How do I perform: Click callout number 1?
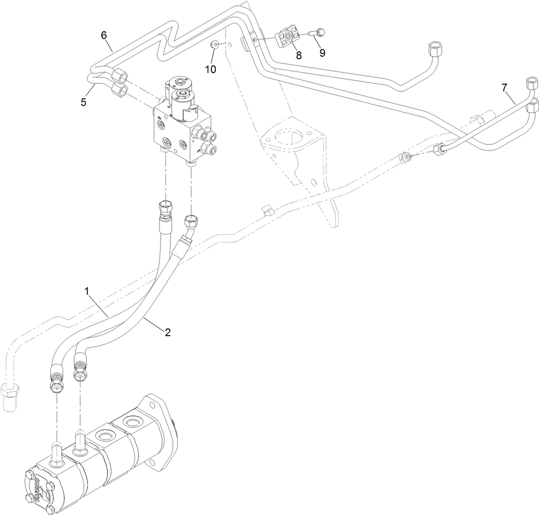point(87,291)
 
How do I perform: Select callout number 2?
point(167,332)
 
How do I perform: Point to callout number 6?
point(103,35)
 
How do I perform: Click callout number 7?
point(504,87)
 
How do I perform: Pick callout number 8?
point(299,55)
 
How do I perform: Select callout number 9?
point(322,52)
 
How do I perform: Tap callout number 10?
point(210,69)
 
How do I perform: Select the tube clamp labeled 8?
point(288,38)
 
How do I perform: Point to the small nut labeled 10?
point(215,45)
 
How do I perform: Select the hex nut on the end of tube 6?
point(121,75)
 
